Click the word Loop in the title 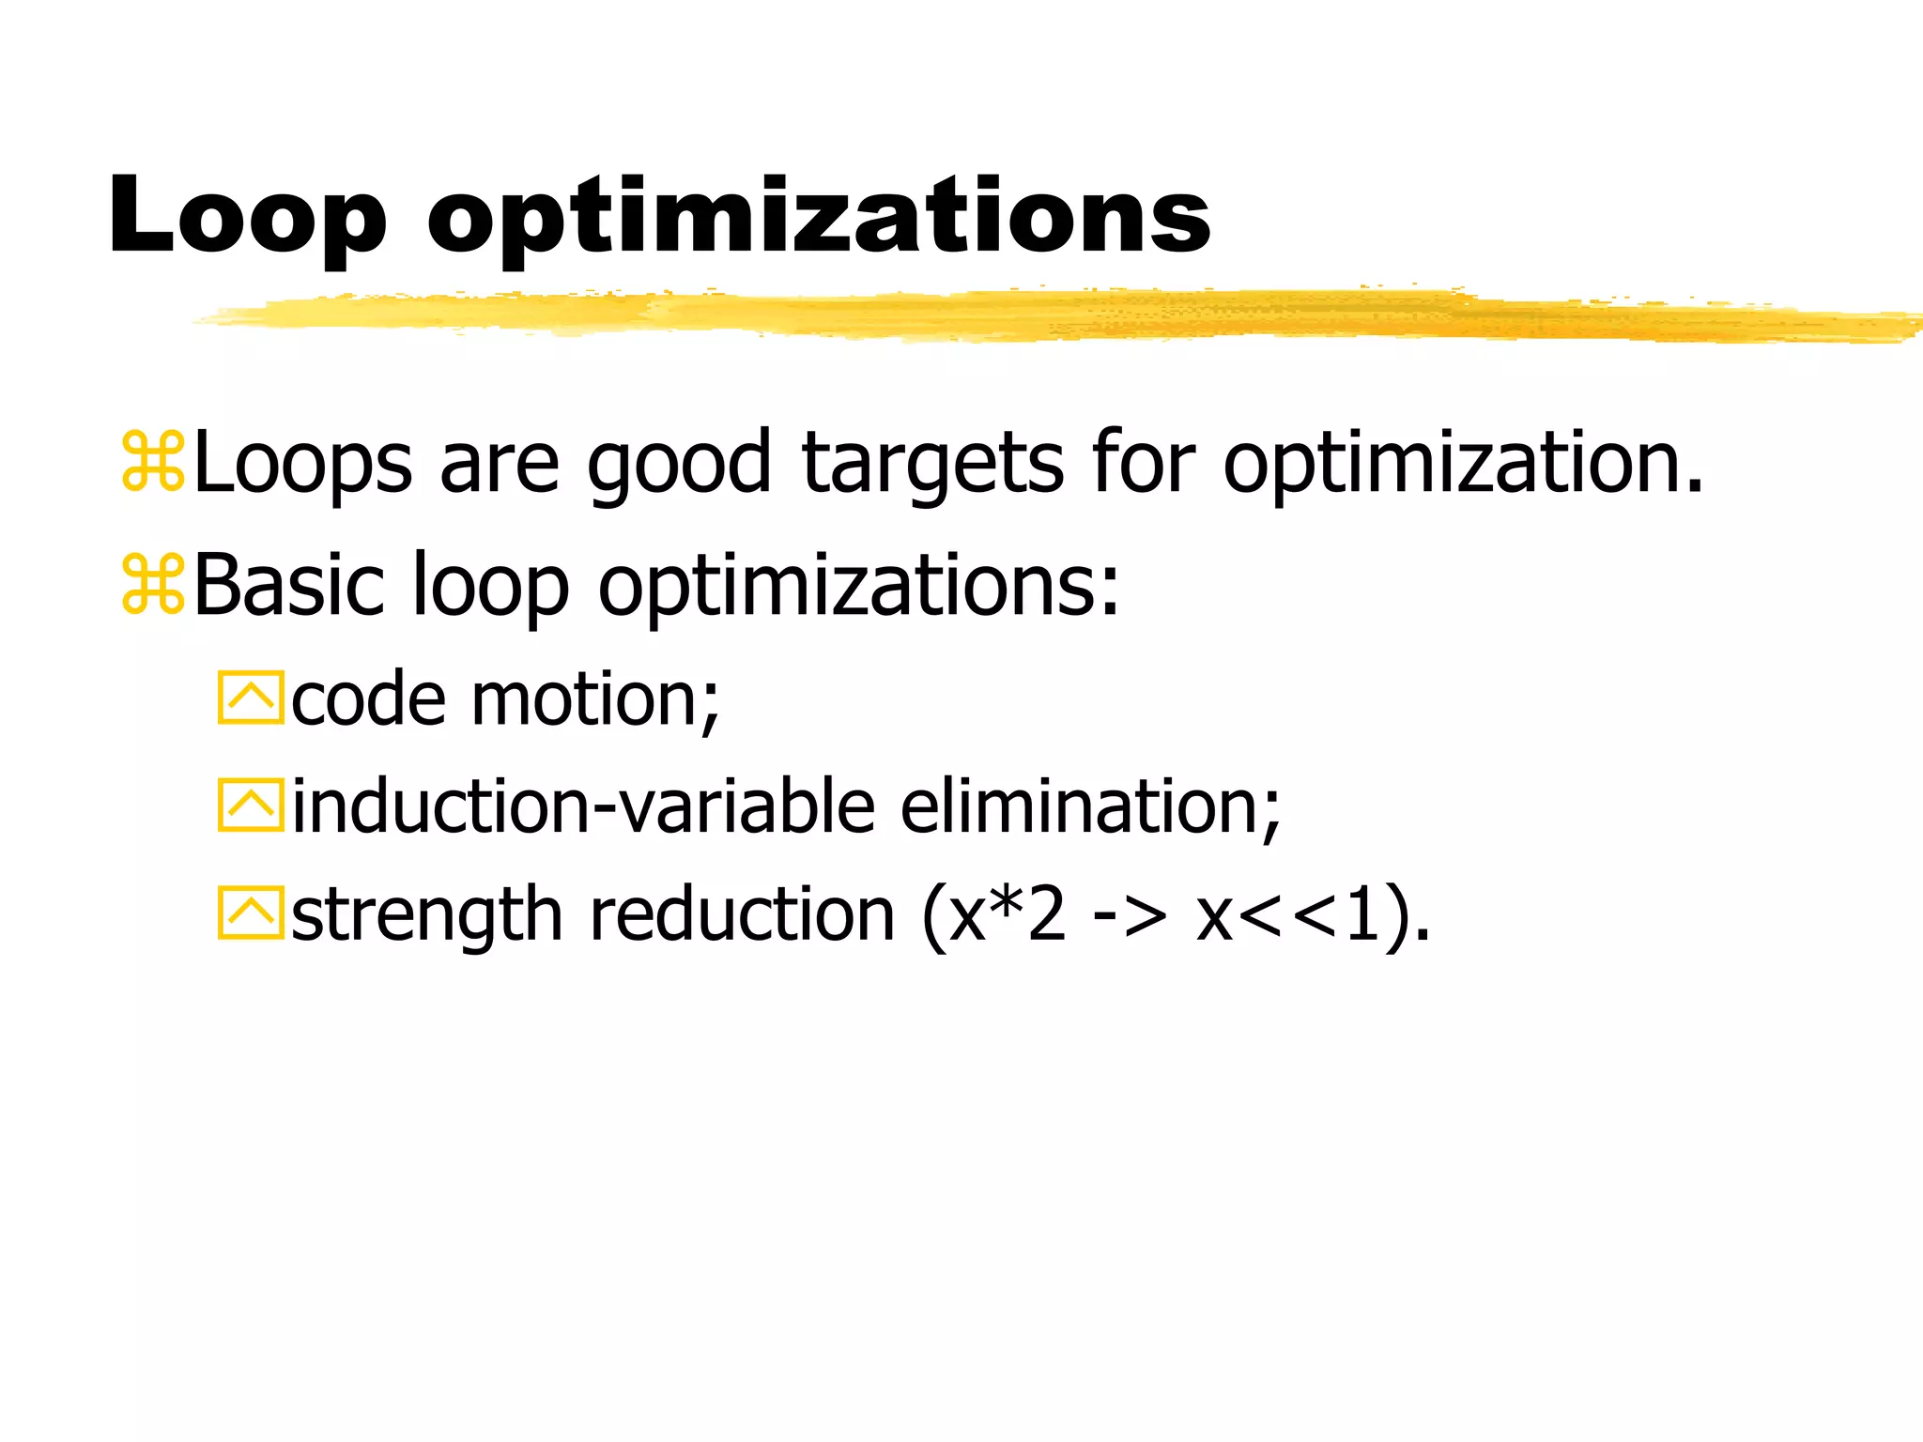tap(247, 218)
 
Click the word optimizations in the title tap(819, 220)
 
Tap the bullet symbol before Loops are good tap(153, 462)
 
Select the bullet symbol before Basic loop tap(153, 584)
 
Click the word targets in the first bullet tap(932, 464)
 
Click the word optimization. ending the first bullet tap(1461, 464)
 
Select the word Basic tap(289, 585)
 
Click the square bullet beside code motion tap(250, 698)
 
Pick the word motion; tap(595, 699)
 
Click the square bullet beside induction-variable tap(250, 805)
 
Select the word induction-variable tap(583, 806)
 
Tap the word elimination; tap(1090, 806)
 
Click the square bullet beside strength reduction tap(250, 913)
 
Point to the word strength tap(426, 915)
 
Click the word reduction tap(742, 914)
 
